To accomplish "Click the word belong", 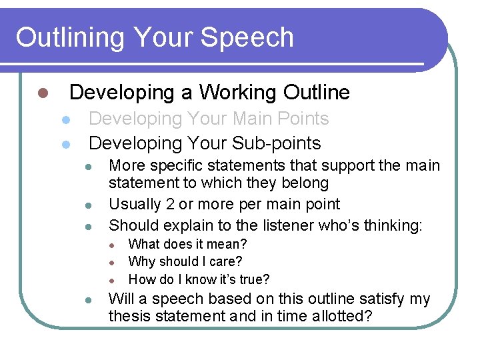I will [x=304, y=183].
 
